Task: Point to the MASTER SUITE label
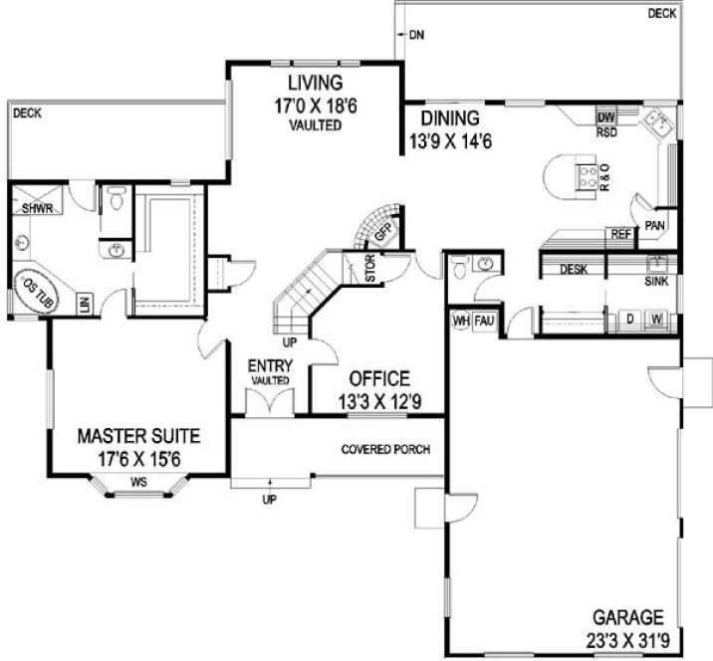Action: pyautogui.click(x=138, y=435)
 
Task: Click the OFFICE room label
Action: pyautogui.click(x=378, y=379)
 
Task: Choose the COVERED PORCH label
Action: pyautogui.click(x=385, y=449)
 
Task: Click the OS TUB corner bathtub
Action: pyautogui.click(x=34, y=293)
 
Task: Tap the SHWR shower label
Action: pyautogui.click(x=36, y=209)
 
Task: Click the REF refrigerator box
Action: pyautogui.click(x=619, y=235)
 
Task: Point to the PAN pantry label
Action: pyautogui.click(x=653, y=226)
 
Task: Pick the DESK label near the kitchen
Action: pyautogui.click(x=572, y=269)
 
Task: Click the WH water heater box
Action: pyautogui.click(x=460, y=321)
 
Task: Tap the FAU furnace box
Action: pyautogui.click(x=484, y=321)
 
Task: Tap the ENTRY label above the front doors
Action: pyautogui.click(x=270, y=366)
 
